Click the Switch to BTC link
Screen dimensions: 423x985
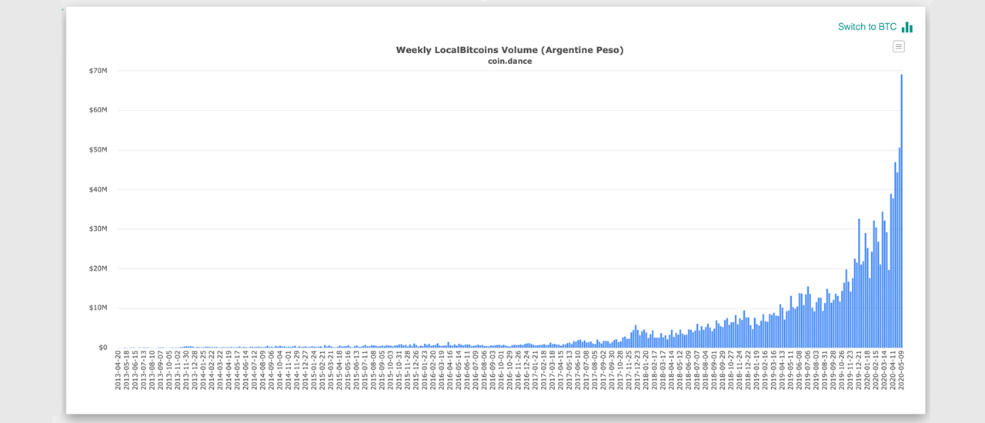tap(867, 27)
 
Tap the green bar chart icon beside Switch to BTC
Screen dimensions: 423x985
tap(907, 27)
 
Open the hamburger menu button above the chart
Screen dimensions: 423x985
tap(899, 46)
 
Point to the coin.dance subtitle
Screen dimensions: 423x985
tap(509, 62)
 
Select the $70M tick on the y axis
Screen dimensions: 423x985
tap(97, 71)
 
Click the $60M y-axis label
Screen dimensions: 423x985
tap(97, 110)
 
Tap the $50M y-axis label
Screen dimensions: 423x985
tap(97, 150)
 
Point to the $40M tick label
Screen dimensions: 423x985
tap(97, 189)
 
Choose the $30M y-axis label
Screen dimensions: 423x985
tap(97, 229)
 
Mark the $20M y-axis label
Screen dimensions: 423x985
tap(97, 268)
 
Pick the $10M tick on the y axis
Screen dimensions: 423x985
tap(97, 308)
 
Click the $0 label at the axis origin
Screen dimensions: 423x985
tap(102, 348)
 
